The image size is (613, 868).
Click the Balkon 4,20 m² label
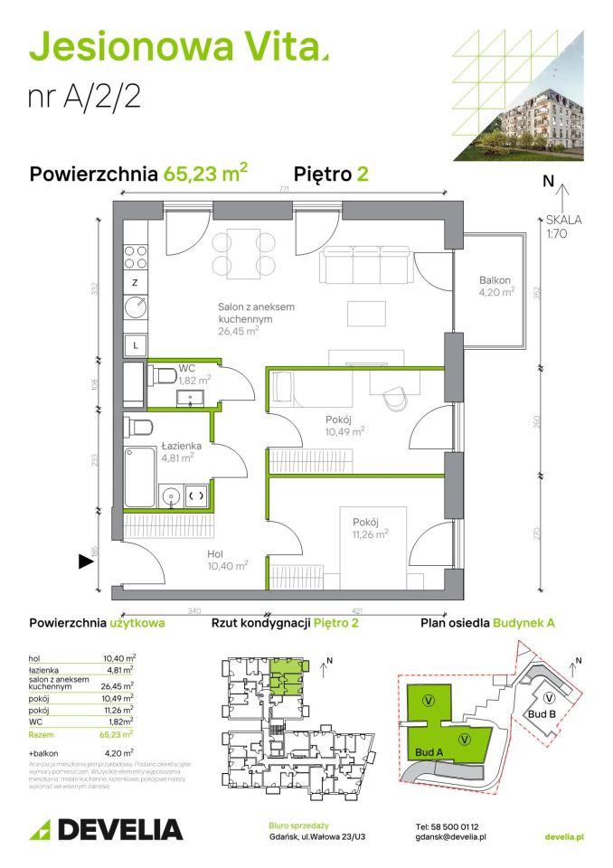497,286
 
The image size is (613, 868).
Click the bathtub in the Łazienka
139,476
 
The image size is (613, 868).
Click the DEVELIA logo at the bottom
106,829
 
